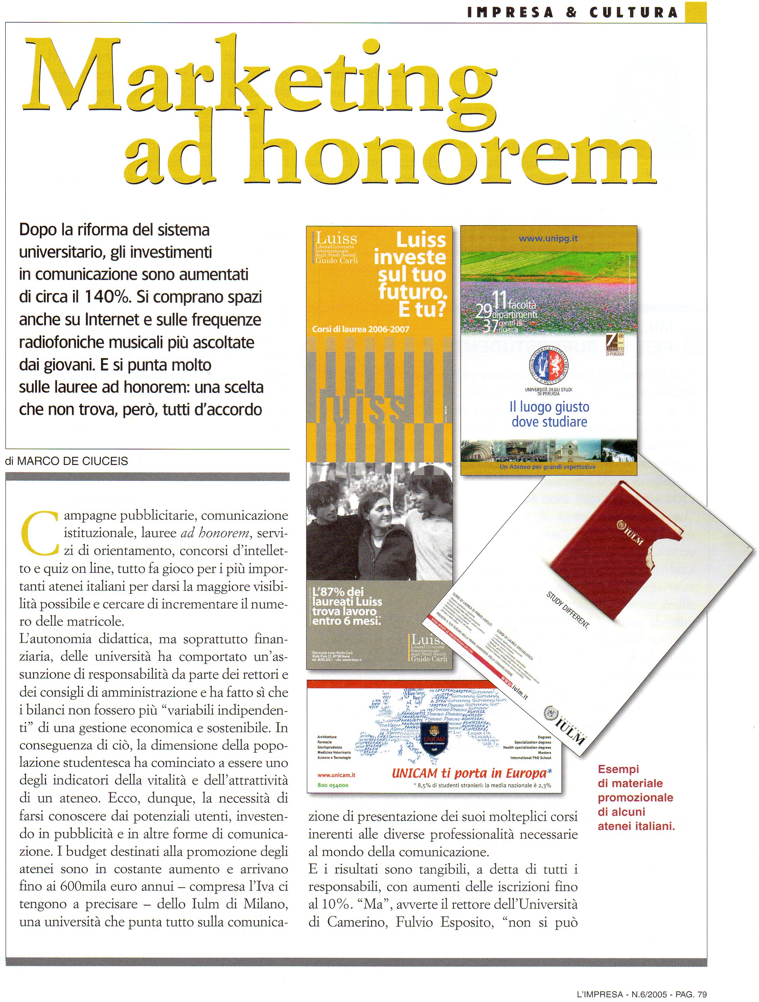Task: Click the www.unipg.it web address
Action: click(548, 239)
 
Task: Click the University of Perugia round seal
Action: click(549, 367)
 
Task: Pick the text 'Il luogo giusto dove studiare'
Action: click(549, 414)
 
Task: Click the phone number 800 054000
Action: click(333, 785)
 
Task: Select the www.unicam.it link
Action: click(336, 775)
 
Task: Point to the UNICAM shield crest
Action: click(434, 738)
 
